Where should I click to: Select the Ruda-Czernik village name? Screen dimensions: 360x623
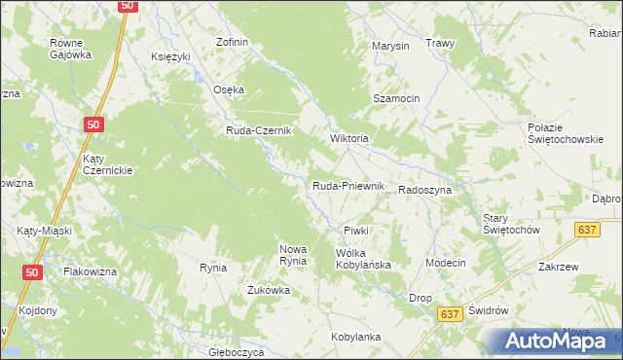click(x=260, y=133)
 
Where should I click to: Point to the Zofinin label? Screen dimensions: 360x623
click(x=233, y=43)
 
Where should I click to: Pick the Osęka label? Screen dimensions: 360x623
click(x=229, y=90)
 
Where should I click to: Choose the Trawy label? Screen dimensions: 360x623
click(x=440, y=44)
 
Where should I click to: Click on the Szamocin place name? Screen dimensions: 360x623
click(x=396, y=99)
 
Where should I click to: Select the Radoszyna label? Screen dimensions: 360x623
click(x=424, y=191)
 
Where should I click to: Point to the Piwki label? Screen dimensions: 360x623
click(x=355, y=231)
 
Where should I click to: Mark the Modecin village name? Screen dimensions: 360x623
click(x=446, y=264)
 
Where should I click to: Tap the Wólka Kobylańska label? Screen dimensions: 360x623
click(x=362, y=258)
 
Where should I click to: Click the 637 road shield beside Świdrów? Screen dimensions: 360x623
click(x=448, y=314)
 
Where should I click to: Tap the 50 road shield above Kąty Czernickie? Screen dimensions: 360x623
click(x=93, y=125)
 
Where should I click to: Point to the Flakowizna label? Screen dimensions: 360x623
click(x=95, y=271)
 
